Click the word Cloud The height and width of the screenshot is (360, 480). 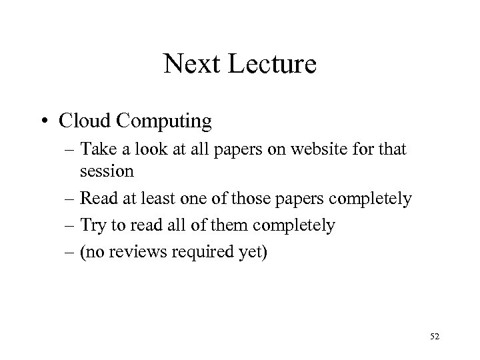pos(82,121)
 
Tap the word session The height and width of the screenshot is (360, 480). pos(107,171)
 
